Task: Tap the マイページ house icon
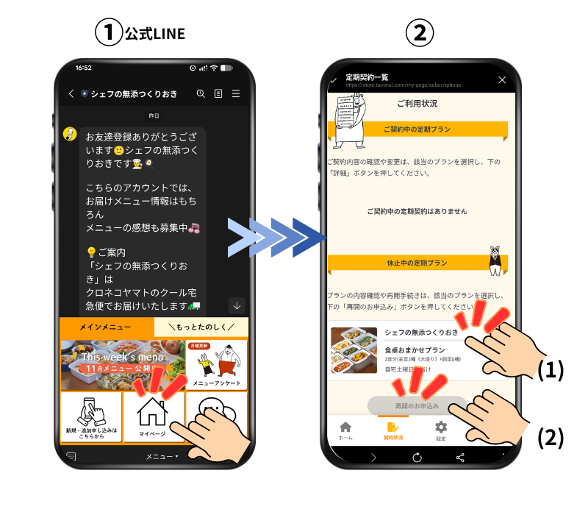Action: (153, 413)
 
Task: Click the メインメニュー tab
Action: (106, 327)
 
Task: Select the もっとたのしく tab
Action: (201, 327)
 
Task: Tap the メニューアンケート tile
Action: (217, 365)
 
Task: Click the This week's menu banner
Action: (122, 365)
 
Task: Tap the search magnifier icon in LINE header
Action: (201, 93)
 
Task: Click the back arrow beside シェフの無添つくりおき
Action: (71, 93)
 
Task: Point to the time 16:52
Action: (83, 68)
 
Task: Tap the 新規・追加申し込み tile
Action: (90, 416)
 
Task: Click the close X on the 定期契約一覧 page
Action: (502, 79)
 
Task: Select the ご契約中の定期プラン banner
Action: (417, 129)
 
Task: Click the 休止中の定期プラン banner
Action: (416, 263)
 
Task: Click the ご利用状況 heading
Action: (417, 104)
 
